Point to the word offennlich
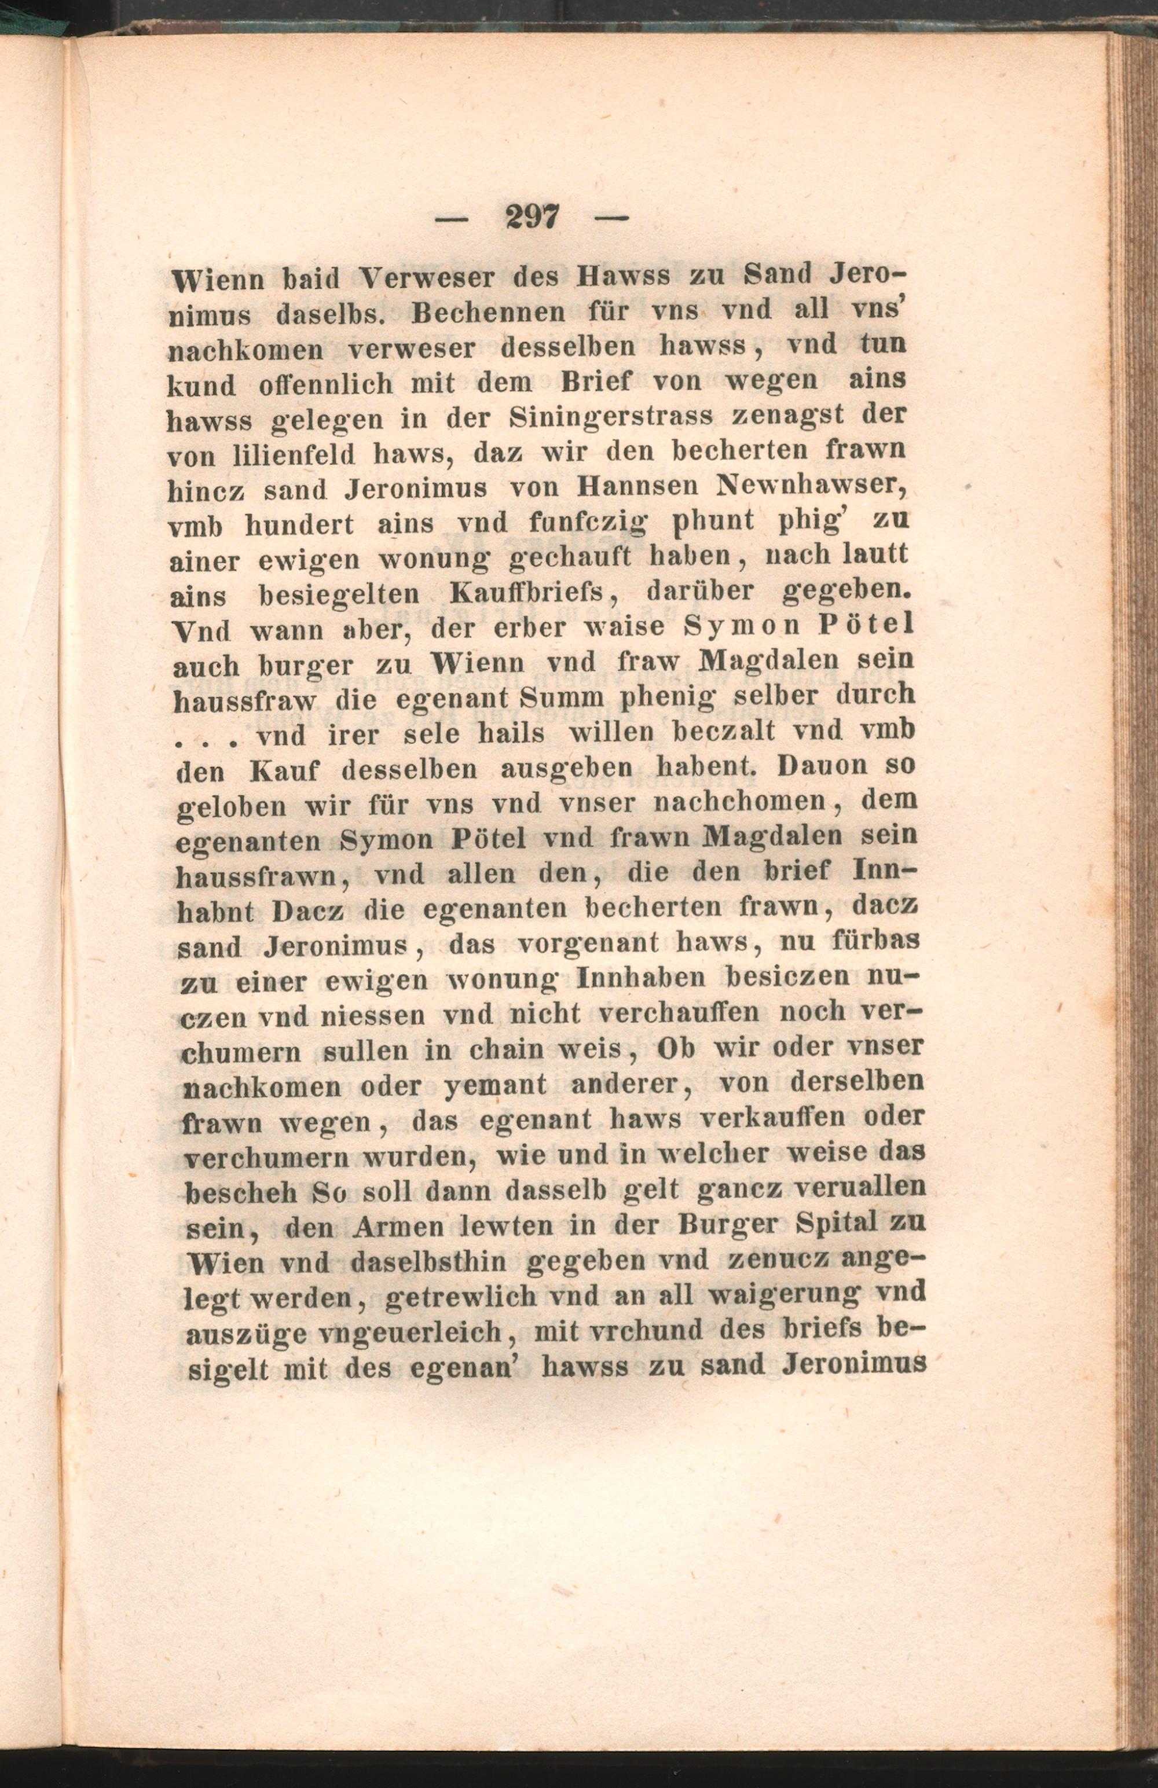(325, 383)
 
